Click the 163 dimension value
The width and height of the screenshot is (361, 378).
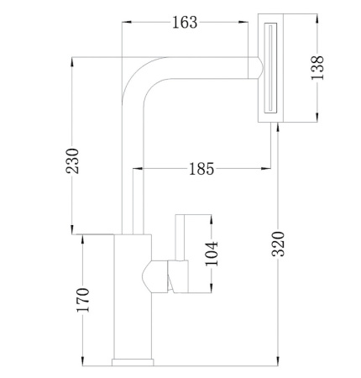(185, 23)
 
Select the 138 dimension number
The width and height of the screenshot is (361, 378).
(317, 68)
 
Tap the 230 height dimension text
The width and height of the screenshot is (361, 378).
(72, 161)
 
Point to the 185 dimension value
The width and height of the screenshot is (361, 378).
(201, 169)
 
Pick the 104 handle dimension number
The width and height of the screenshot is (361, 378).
(212, 254)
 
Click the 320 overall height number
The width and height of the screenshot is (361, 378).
(278, 244)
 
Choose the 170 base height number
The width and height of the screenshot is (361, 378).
(83, 300)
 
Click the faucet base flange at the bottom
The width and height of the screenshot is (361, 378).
(133, 362)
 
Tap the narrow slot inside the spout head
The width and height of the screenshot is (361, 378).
(270, 68)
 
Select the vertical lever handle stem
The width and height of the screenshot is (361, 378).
(180, 238)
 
